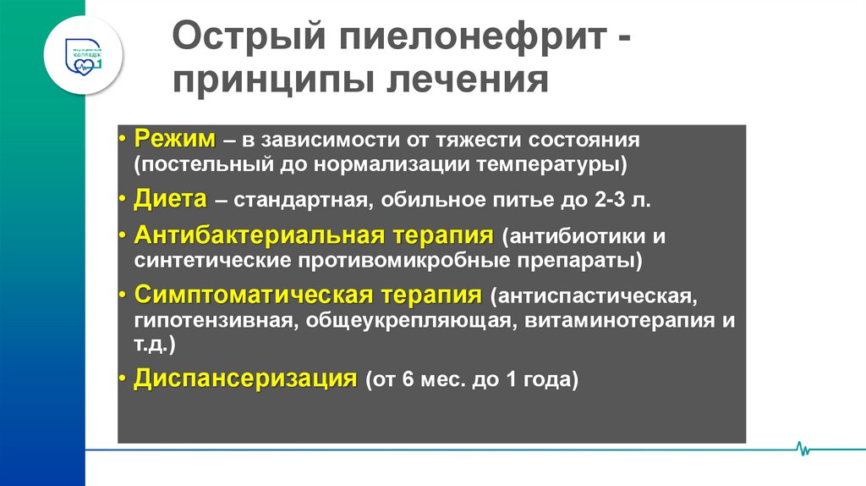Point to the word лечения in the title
point(469,82)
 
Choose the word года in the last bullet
point(554,380)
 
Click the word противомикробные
point(393,259)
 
